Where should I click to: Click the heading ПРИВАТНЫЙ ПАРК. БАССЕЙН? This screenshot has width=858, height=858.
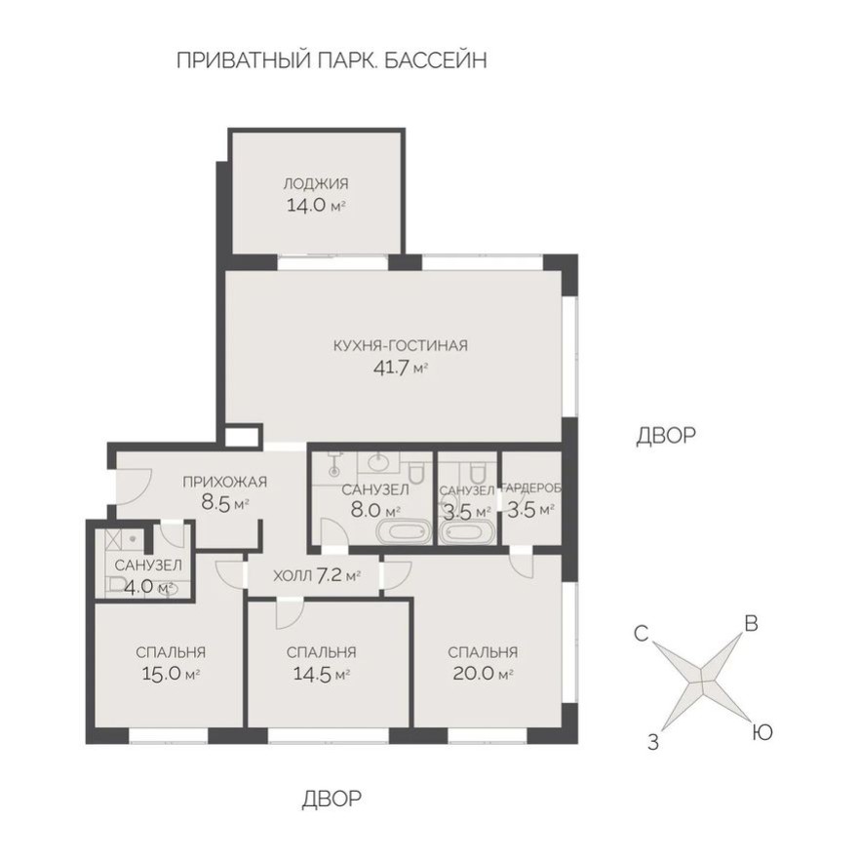point(331,60)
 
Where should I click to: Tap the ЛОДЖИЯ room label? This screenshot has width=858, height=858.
point(316,183)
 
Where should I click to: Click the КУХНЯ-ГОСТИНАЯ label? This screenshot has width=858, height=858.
point(401,345)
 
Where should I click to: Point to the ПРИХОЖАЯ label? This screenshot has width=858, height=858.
point(224,482)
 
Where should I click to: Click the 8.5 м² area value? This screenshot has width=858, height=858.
point(225,504)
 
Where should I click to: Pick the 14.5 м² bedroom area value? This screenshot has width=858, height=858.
point(321,674)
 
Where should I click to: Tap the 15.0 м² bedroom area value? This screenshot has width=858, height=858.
point(172,674)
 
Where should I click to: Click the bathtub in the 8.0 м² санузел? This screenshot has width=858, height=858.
point(403,532)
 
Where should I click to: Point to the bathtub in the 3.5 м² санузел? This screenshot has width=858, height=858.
point(467,532)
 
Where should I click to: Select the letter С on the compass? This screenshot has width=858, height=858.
point(641,634)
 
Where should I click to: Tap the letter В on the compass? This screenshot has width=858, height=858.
point(751,623)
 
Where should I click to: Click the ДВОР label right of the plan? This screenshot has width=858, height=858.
point(666,436)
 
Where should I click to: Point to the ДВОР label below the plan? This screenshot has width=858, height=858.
point(331,799)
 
